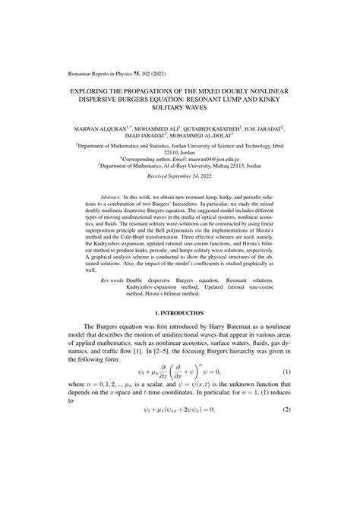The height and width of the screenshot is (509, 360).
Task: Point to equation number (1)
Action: [284, 413]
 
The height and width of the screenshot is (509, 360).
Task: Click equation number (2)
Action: [284, 473]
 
